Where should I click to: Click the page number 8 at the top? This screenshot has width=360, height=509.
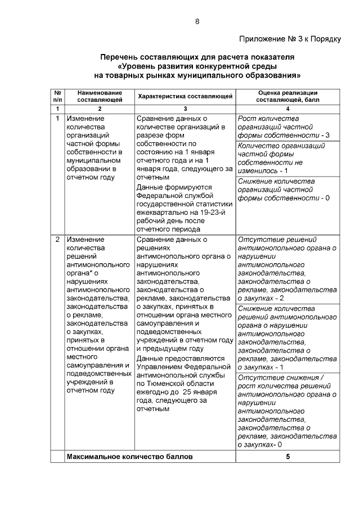pos(197,21)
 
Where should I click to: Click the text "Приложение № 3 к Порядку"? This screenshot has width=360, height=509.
pos(290,39)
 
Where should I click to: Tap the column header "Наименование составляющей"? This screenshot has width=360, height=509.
pos(100,96)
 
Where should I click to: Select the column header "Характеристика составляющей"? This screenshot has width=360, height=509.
pos(185,96)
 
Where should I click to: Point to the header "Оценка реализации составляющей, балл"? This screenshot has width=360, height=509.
pos(288,96)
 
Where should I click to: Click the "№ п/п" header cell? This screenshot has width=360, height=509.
pos(57,96)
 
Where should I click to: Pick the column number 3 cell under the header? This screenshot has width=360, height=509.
pos(185,108)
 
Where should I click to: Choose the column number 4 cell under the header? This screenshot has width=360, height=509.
pos(288,108)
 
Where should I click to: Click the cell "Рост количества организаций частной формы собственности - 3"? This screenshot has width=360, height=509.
pos(284,127)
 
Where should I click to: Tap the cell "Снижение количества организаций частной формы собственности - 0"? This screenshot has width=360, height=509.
pos(284,190)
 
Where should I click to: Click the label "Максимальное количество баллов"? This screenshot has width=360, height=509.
pos(129,457)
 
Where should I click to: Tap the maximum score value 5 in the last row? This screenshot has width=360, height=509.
pos(288,457)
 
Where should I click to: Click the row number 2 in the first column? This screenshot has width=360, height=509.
pos(57,240)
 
